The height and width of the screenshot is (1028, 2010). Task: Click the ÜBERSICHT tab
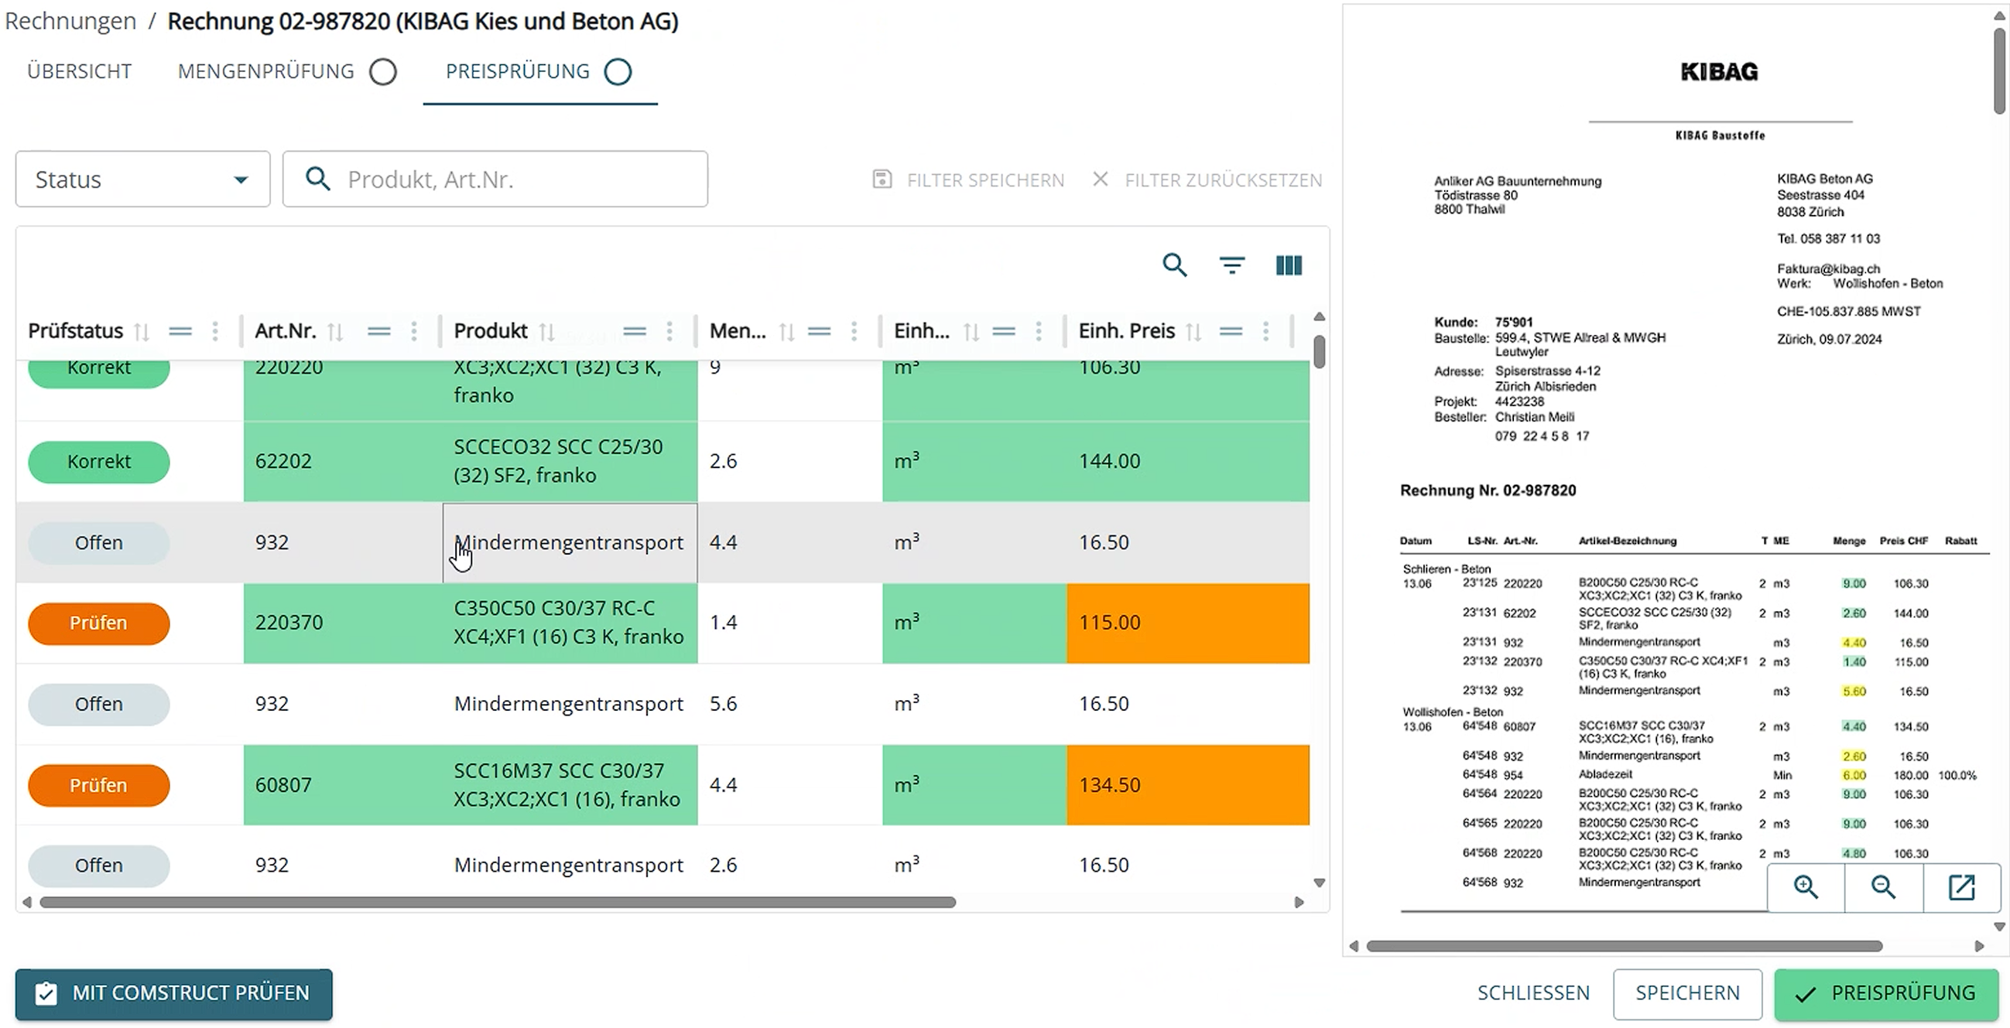pyautogui.click(x=79, y=71)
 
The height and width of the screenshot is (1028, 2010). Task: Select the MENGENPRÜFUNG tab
pyautogui.click(x=266, y=71)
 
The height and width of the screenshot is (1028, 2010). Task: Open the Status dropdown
pyautogui.click(x=142, y=179)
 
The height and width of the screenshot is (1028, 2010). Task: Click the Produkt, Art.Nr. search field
pyautogui.click(x=507, y=179)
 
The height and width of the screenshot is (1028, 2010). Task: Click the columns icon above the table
pyautogui.click(x=1288, y=265)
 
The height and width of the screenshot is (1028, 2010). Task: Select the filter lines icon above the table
pyautogui.click(x=1231, y=265)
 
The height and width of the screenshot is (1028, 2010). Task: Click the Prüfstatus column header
pyautogui.click(x=76, y=331)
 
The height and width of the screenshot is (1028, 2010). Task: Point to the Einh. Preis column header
pyautogui.click(x=1126, y=331)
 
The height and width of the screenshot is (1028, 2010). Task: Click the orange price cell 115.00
pyautogui.click(x=1186, y=623)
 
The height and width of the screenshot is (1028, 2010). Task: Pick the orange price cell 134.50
pyautogui.click(x=1186, y=784)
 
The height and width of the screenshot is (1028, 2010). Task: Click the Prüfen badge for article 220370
pyautogui.click(x=98, y=623)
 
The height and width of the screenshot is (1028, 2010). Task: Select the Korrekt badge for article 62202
pyautogui.click(x=98, y=461)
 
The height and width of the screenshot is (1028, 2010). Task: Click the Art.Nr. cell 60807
pyautogui.click(x=283, y=784)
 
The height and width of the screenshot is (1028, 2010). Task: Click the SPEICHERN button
pyautogui.click(x=1687, y=993)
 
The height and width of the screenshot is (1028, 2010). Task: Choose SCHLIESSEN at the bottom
pyautogui.click(x=1533, y=993)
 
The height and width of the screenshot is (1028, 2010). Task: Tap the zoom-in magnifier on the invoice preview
pyautogui.click(x=1806, y=886)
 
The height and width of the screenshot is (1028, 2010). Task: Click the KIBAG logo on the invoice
pyautogui.click(x=1719, y=72)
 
